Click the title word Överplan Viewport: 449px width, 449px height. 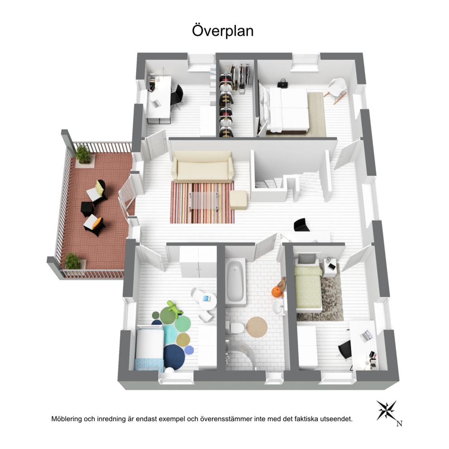click(222, 31)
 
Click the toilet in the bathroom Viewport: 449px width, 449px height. click(234, 326)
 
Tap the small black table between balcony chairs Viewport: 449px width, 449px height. click(87, 209)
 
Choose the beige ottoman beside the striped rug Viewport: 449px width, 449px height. click(238, 200)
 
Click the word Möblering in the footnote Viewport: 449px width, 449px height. click(67, 419)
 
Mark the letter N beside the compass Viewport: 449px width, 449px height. click(399, 424)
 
